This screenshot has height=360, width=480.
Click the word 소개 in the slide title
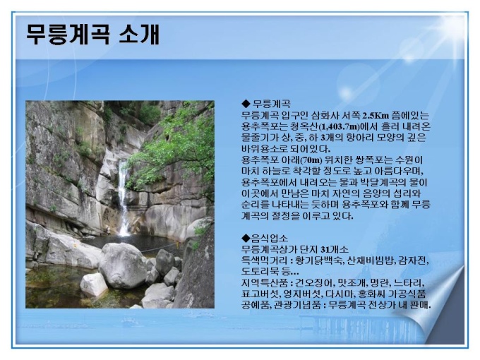(x=138, y=34)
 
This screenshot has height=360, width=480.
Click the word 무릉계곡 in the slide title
(x=67, y=34)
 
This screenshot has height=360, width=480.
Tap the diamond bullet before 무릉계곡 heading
(x=246, y=104)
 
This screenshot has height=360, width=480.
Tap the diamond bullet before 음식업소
(x=246, y=238)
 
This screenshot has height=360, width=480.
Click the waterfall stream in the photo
(x=123, y=199)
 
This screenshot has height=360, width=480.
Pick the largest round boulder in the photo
(x=122, y=265)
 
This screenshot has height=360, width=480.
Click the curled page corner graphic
(x=435, y=309)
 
